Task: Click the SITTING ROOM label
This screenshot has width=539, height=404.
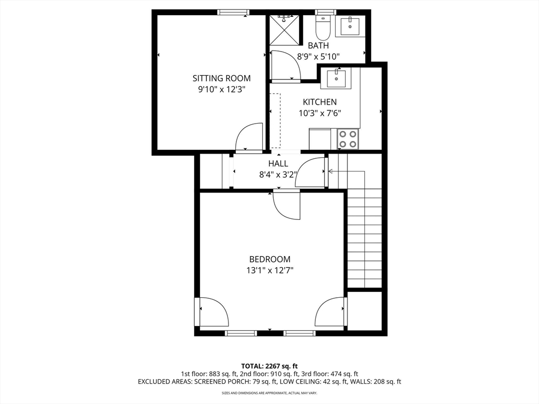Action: point(222,78)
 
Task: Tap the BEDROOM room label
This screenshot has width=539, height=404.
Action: point(269,259)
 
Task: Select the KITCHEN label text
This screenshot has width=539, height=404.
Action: point(320,102)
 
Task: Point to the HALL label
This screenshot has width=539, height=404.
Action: point(278,164)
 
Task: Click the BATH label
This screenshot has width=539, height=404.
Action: point(318,45)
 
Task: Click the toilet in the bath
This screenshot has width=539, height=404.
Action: point(323,27)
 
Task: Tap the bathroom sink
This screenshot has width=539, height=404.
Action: point(350,26)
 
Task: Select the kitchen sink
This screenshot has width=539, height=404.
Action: point(336,79)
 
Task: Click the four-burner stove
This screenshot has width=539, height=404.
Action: point(348,139)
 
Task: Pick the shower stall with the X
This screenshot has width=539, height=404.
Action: point(284,30)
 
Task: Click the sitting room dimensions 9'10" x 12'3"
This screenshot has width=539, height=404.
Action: point(222,89)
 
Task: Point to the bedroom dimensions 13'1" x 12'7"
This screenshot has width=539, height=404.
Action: point(269,271)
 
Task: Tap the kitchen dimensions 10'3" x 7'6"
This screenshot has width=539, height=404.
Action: point(320,113)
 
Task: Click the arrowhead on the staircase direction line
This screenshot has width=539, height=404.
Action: point(331,171)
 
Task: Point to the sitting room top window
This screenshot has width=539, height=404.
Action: point(233,13)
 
